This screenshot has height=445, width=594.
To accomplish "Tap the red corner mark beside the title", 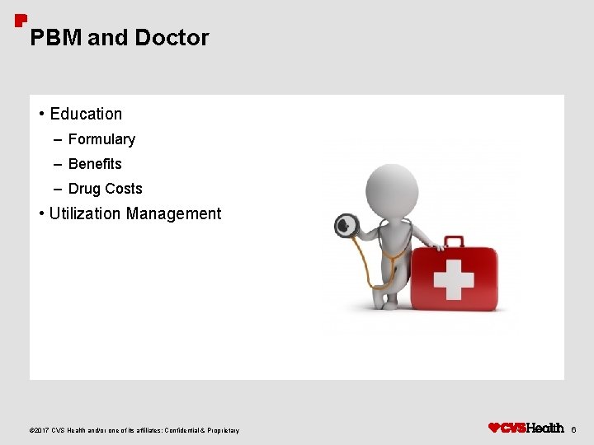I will coord(21,21).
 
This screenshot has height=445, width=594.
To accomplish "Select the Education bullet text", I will coord(86,114).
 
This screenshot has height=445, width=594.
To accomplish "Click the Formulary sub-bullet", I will coord(101,139).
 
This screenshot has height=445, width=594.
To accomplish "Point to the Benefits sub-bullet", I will coord(95,164).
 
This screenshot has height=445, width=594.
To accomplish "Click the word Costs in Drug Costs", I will coord(124,189).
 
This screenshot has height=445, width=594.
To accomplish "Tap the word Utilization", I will coord(86,213).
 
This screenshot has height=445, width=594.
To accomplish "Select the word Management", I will coord(174,213).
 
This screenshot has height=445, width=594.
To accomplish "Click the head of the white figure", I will coord(391,189).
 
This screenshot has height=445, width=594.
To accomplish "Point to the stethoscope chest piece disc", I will coord(346,225).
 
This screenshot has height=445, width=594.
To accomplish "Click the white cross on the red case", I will coord(454,279).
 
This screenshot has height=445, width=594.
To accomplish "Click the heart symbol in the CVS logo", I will coord(494,428).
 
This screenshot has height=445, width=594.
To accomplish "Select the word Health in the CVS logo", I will coord(545,428).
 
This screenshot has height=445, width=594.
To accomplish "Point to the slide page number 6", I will coord(574,429).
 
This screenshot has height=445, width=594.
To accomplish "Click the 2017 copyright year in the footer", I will coord(40,430).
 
